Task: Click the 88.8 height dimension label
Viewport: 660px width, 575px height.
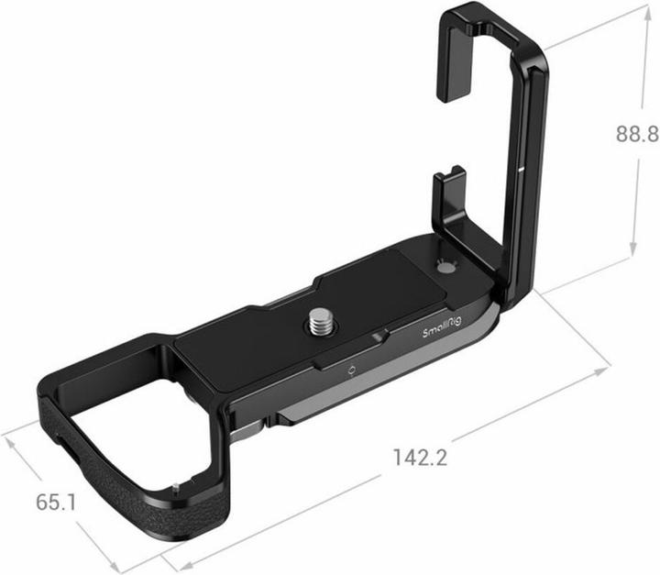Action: pyautogui.click(x=637, y=135)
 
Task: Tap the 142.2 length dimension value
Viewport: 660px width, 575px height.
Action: pyautogui.click(x=419, y=456)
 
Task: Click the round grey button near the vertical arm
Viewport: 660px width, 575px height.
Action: pyautogui.click(x=446, y=269)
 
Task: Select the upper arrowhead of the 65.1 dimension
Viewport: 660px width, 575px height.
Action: pyautogui.click(x=11, y=438)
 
